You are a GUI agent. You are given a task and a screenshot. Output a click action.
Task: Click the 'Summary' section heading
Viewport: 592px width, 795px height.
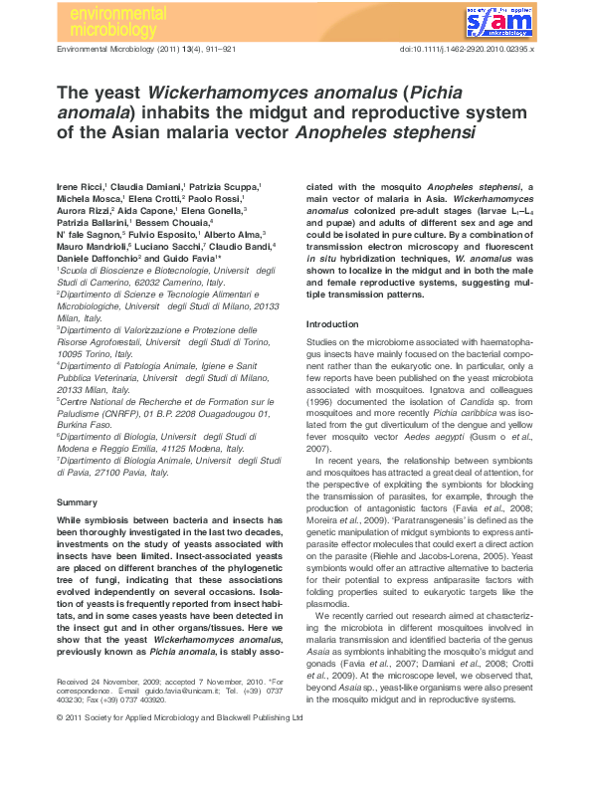77,502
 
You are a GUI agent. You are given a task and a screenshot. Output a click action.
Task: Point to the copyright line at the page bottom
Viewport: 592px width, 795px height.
179,771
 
